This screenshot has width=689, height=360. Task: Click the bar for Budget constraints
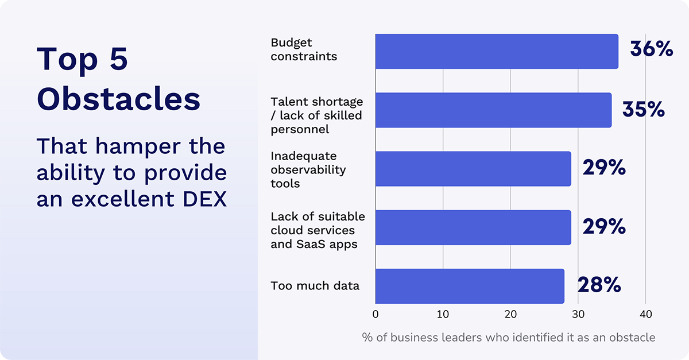point(496,52)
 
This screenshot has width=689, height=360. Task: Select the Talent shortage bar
point(493,110)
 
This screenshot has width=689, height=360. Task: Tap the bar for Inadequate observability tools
point(473,169)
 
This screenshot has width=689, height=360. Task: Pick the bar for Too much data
point(469,286)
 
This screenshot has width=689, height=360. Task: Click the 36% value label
point(651,49)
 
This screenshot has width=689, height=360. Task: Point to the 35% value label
point(644,109)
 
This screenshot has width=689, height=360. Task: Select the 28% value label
point(599,285)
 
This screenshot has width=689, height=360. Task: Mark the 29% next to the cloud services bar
point(603,227)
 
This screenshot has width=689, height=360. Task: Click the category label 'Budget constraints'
point(304,49)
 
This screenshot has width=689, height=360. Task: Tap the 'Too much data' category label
point(315,285)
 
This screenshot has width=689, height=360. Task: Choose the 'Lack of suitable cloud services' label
point(318,230)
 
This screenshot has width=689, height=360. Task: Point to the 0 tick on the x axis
point(376,315)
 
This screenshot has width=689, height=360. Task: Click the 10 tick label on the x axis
point(443,315)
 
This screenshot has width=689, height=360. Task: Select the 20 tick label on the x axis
point(510,315)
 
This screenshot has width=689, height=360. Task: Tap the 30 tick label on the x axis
point(578,315)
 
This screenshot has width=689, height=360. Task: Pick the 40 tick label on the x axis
point(645,315)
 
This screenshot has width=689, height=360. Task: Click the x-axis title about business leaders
point(508,338)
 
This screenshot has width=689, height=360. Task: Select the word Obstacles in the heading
point(118,99)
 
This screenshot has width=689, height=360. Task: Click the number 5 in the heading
point(118,59)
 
